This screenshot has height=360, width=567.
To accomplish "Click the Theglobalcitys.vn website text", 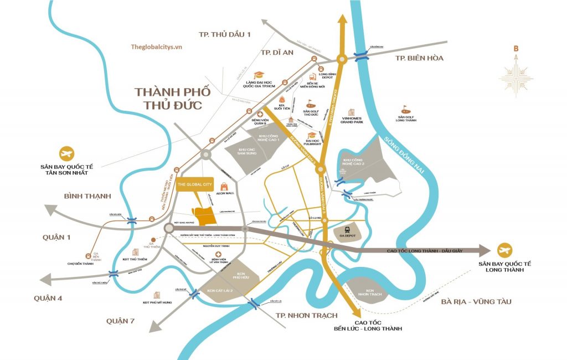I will coord(157,47).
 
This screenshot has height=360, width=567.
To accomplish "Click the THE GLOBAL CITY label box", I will coord(195,185).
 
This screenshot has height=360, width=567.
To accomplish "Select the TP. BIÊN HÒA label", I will coord(419,58).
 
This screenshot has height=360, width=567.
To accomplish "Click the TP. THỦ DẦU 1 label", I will coord(225,34).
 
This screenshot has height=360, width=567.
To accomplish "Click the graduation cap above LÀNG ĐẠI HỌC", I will coord(258,75).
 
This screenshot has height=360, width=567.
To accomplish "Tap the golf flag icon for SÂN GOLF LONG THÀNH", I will coord(406,108).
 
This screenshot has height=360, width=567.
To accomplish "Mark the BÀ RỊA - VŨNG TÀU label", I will coord(476,301).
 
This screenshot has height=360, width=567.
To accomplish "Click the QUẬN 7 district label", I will coord(121,321).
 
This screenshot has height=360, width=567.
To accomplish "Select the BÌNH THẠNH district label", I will coord(87,196).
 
